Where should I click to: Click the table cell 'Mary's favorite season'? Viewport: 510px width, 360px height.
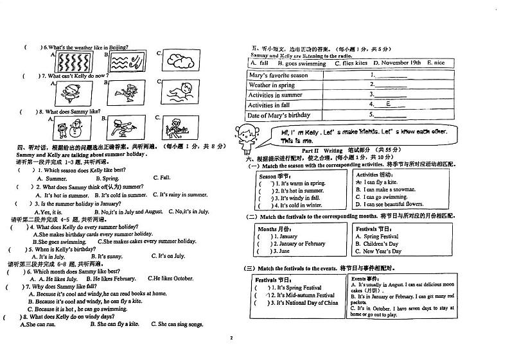pyautogui.click(x=278, y=75)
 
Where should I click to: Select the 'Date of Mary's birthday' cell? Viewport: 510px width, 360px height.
pyautogui.click(x=279, y=115)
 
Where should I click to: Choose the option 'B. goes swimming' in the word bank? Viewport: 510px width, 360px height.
pyautogui.click(x=302, y=64)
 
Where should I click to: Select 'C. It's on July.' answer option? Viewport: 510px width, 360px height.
pyautogui.click(x=168, y=256)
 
